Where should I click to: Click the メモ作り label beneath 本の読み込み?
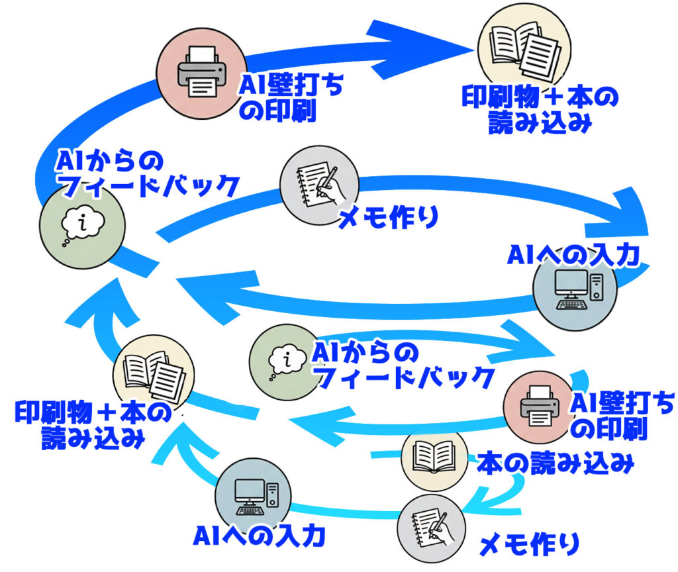pos(529,544)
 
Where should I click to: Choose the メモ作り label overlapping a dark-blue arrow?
pos(388,217)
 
